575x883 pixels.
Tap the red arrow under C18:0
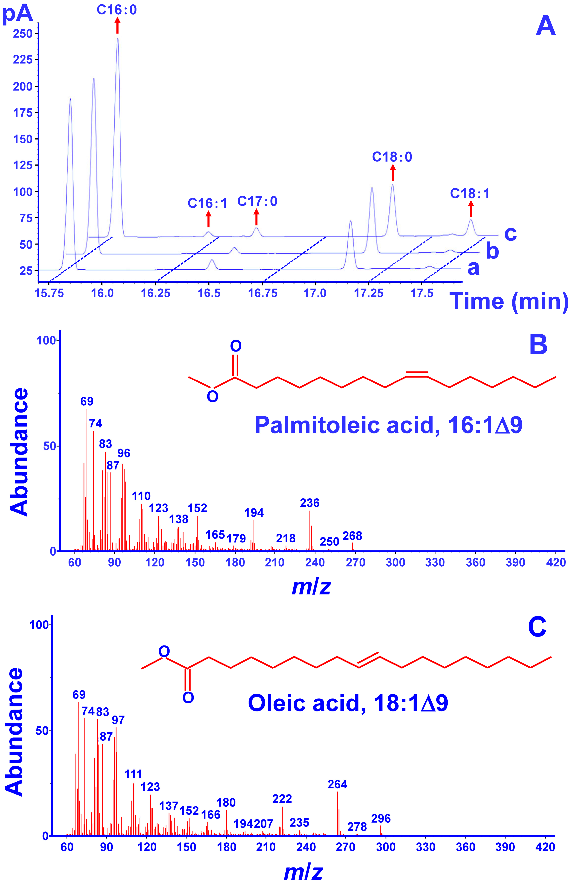click(x=393, y=173)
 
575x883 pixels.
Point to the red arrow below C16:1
click(x=209, y=219)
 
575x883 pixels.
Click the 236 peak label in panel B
click(x=310, y=503)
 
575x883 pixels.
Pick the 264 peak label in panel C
click(x=337, y=784)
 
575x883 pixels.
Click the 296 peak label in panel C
click(x=381, y=819)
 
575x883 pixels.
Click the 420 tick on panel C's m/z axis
click(x=545, y=847)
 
